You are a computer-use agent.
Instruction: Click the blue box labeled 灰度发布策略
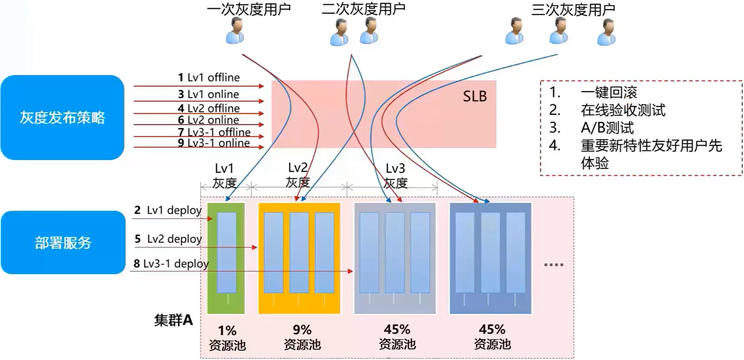(x=62, y=117)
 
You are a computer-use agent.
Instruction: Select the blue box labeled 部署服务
(x=63, y=242)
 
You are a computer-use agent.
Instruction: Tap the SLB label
(x=475, y=96)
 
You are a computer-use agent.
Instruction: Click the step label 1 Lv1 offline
(x=209, y=77)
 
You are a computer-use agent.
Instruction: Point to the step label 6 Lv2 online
(x=208, y=120)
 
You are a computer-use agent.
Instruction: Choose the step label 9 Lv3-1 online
(x=214, y=143)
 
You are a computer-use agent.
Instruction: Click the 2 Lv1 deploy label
(x=168, y=210)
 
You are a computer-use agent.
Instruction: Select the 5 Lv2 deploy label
(x=168, y=239)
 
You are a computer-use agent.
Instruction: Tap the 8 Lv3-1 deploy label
(x=171, y=264)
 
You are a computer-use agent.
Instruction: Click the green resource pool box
(x=226, y=258)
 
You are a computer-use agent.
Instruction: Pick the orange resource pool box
(x=299, y=258)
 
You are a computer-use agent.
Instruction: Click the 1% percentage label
(x=227, y=330)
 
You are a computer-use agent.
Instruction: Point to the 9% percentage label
(x=302, y=330)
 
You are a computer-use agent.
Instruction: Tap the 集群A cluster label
(x=173, y=320)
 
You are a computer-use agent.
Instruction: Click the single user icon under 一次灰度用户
(x=235, y=31)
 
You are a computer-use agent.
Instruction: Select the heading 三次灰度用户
(x=573, y=9)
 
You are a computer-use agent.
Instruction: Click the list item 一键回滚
(x=609, y=92)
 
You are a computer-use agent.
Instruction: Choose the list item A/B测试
(x=607, y=128)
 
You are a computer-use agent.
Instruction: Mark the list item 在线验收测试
(x=623, y=110)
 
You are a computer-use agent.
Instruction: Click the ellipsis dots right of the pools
(x=553, y=264)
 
